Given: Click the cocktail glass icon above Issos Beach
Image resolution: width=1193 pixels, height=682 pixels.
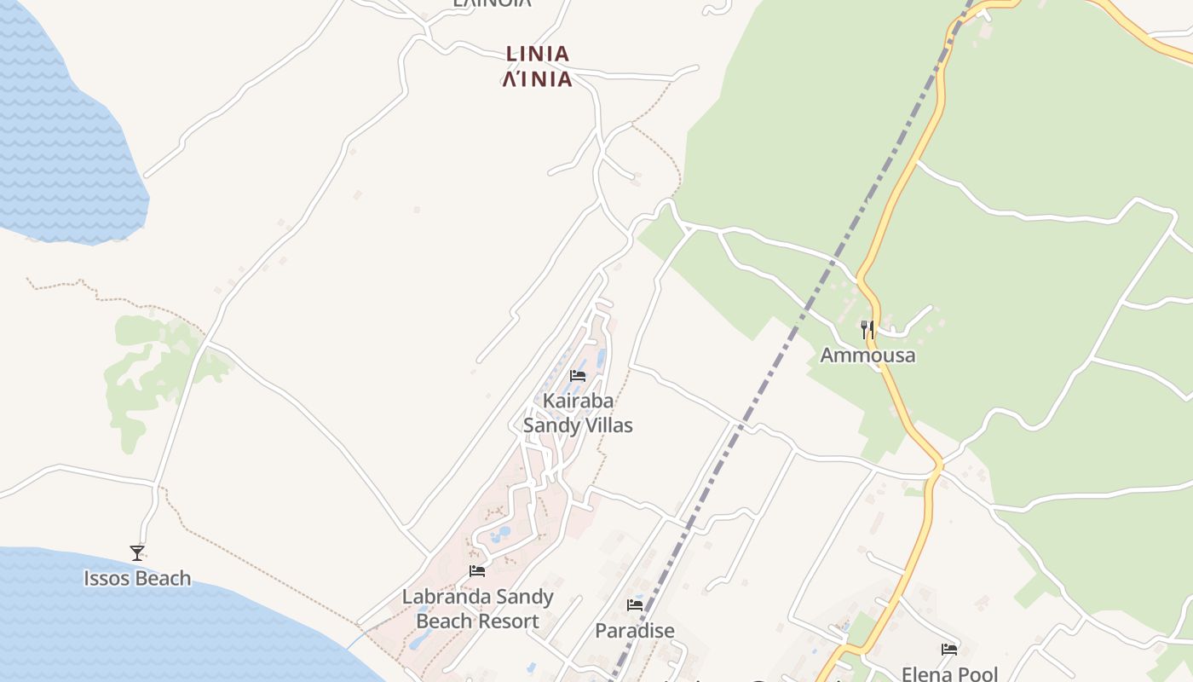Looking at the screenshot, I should [137, 553].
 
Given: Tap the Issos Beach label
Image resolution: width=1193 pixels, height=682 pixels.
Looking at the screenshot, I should [137, 578].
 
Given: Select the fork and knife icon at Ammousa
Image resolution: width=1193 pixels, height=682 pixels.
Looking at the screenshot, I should [867, 330].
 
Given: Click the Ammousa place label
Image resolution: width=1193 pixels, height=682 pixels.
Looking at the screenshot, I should [867, 355].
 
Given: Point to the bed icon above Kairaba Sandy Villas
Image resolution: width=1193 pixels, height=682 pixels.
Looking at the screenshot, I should [578, 376].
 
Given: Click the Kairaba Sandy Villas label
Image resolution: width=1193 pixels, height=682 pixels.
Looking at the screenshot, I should [578, 413].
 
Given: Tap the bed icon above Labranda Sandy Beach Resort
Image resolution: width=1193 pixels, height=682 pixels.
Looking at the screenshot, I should [477, 571].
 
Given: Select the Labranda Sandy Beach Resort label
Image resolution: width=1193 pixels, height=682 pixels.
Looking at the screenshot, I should [477, 609].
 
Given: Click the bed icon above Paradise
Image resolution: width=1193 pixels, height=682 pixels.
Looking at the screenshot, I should [635, 605].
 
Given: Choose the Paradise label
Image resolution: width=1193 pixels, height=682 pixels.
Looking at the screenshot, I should [635, 631].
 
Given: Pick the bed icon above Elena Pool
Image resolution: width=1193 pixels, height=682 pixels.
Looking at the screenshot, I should [949, 650].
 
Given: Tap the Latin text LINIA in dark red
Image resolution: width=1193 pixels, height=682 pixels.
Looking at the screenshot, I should [537, 54].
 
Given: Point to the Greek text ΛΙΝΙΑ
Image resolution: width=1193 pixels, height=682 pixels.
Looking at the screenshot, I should [537, 79].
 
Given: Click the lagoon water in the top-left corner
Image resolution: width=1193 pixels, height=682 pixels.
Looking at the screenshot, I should [51, 128].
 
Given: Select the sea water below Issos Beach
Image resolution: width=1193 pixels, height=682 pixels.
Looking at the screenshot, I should [128, 631].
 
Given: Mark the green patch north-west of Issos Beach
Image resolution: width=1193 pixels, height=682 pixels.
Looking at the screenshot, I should [141, 375].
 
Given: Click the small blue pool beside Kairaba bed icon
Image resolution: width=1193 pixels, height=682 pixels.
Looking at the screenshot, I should [601, 358].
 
